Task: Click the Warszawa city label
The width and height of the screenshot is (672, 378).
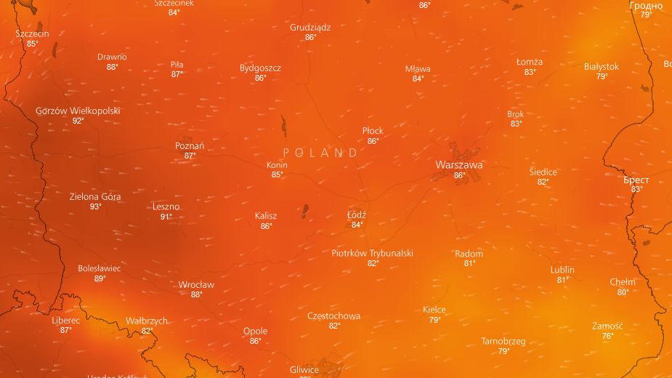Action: (x=458, y=165)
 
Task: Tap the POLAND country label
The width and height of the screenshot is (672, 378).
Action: (x=320, y=153)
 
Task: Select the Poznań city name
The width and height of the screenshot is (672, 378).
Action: (x=190, y=146)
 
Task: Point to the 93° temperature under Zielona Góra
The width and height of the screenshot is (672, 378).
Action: (x=95, y=206)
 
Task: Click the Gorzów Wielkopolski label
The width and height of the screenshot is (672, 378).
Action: (x=78, y=111)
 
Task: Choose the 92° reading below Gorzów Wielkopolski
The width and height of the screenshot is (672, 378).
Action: (x=78, y=121)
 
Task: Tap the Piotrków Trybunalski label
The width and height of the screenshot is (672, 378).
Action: (x=372, y=253)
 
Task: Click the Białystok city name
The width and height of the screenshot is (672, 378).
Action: (x=602, y=67)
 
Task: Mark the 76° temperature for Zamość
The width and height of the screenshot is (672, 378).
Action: (x=607, y=336)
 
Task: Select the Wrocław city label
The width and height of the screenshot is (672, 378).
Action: (x=196, y=285)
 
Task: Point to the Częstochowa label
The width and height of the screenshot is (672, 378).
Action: (x=333, y=316)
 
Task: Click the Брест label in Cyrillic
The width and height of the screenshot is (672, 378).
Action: (x=636, y=180)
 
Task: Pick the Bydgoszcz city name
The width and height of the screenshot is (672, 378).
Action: (x=260, y=68)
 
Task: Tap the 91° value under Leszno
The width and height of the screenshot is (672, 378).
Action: (x=166, y=217)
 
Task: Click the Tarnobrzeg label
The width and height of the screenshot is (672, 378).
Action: (x=503, y=341)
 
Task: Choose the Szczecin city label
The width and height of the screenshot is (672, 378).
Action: (x=32, y=33)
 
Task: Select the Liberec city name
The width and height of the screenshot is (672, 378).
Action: (x=66, y=320)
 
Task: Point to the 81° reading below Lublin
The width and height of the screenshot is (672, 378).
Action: (x=562, y=280)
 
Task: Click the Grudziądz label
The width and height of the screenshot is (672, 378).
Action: (x=310, y=28)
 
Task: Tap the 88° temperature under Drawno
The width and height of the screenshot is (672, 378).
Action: (x=112, y=67)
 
